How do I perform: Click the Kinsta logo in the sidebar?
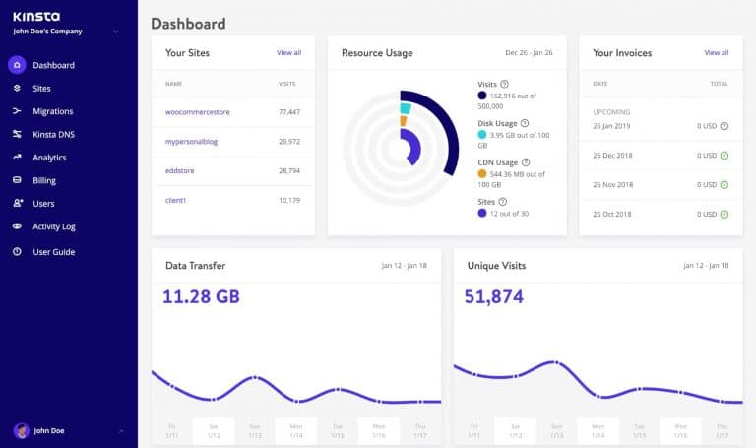35,16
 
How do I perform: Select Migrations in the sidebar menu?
52,111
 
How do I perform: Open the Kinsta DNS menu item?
53,134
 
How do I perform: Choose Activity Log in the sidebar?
54,226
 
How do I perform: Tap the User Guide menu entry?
53,252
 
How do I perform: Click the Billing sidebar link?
44,180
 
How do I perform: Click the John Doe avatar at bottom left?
21,430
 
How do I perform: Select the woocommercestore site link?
197,112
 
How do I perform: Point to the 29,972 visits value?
288,142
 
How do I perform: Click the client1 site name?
175,200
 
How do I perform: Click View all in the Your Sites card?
288,53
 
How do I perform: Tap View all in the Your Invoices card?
717,53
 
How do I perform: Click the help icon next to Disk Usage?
524,123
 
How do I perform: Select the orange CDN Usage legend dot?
481,173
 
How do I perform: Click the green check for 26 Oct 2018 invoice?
724,214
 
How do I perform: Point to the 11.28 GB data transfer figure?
201,296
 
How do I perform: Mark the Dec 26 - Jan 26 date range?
530,53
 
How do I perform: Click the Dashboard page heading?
188,23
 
